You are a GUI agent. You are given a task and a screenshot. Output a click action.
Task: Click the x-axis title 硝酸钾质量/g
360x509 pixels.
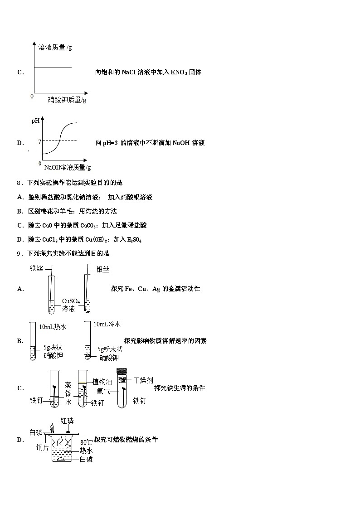pos(67,100)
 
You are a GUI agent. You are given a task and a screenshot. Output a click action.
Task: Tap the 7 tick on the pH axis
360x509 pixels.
pos(39,142)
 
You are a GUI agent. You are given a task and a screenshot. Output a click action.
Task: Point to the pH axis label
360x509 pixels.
pos(35,121)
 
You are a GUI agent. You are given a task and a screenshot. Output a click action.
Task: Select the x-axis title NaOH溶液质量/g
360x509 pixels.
pos(67,168)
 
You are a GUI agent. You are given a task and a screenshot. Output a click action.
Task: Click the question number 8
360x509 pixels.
pos(19,183)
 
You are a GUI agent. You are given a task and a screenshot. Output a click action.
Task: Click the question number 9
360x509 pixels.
pos(19,253)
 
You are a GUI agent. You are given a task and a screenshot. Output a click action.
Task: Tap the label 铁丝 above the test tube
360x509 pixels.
pos(36,268)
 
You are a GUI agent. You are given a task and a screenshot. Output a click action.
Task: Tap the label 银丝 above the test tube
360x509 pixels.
pos(103,269)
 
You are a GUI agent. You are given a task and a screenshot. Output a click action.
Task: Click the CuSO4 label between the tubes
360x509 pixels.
pos(71,301)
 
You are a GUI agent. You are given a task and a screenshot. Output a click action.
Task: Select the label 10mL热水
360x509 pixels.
pos(53,326)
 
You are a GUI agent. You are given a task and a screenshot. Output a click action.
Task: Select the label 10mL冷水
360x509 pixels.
pos(107,325)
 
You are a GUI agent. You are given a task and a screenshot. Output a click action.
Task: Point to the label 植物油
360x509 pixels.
pos(102,382)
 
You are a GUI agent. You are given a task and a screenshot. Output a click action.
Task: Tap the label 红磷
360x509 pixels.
pos(67,421)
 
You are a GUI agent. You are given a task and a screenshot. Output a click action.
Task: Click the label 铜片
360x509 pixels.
pos(43,447)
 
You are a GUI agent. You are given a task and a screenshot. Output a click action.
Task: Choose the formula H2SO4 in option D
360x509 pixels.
pos(134,239)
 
